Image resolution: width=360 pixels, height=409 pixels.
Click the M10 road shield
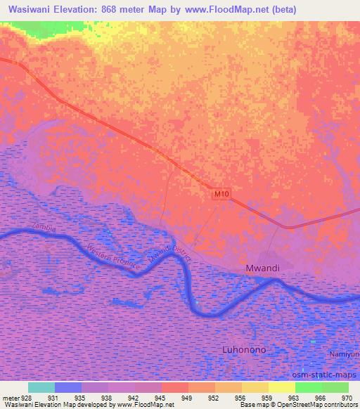click(221, 193)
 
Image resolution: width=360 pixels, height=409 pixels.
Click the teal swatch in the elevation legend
click(41, 387)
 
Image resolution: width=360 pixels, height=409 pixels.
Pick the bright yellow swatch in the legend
click(281, 387)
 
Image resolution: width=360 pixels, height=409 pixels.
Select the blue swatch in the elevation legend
click(67, 387)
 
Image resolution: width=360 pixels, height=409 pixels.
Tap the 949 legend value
click(188, 397)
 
